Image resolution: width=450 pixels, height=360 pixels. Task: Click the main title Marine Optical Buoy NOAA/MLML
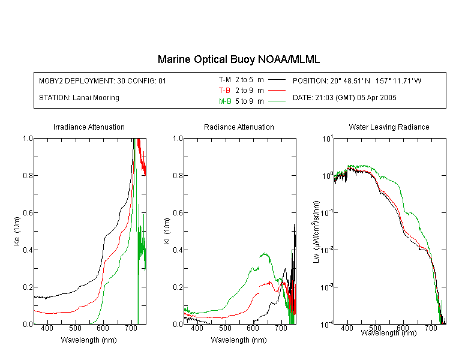point(238,59)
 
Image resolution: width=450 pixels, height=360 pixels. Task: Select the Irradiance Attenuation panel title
point(89,127)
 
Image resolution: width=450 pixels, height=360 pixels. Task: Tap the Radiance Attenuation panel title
point(239,127)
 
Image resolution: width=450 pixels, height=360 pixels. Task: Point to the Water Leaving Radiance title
point(389,127)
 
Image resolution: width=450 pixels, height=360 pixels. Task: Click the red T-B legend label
point(224,91)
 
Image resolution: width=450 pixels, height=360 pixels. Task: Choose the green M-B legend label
point(225,101)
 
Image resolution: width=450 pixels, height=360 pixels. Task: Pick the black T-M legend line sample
point(277,80)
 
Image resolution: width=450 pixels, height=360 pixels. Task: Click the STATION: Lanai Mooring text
point(79,98)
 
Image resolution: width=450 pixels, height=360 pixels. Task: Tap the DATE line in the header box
point(344,98)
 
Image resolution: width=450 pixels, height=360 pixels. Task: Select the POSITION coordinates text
point(357,80)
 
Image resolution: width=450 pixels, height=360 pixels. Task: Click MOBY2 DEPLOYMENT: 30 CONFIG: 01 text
point(103,80)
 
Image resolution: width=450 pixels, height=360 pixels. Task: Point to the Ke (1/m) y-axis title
point(17,231)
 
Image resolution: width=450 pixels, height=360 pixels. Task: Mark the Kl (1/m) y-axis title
point(167,231)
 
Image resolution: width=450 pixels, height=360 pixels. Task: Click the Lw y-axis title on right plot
point(316,232)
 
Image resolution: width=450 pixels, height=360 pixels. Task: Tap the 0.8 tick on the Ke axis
point(28,175)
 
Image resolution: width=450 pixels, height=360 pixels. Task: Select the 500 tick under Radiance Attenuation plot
point(225,328)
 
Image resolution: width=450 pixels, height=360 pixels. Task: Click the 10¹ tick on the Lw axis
point(327,139)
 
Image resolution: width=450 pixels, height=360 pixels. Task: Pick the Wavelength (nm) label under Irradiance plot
point(89,340)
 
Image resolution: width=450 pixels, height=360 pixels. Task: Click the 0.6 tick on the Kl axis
point(178,213)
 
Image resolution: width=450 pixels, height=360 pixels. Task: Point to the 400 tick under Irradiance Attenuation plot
point(47,328)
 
